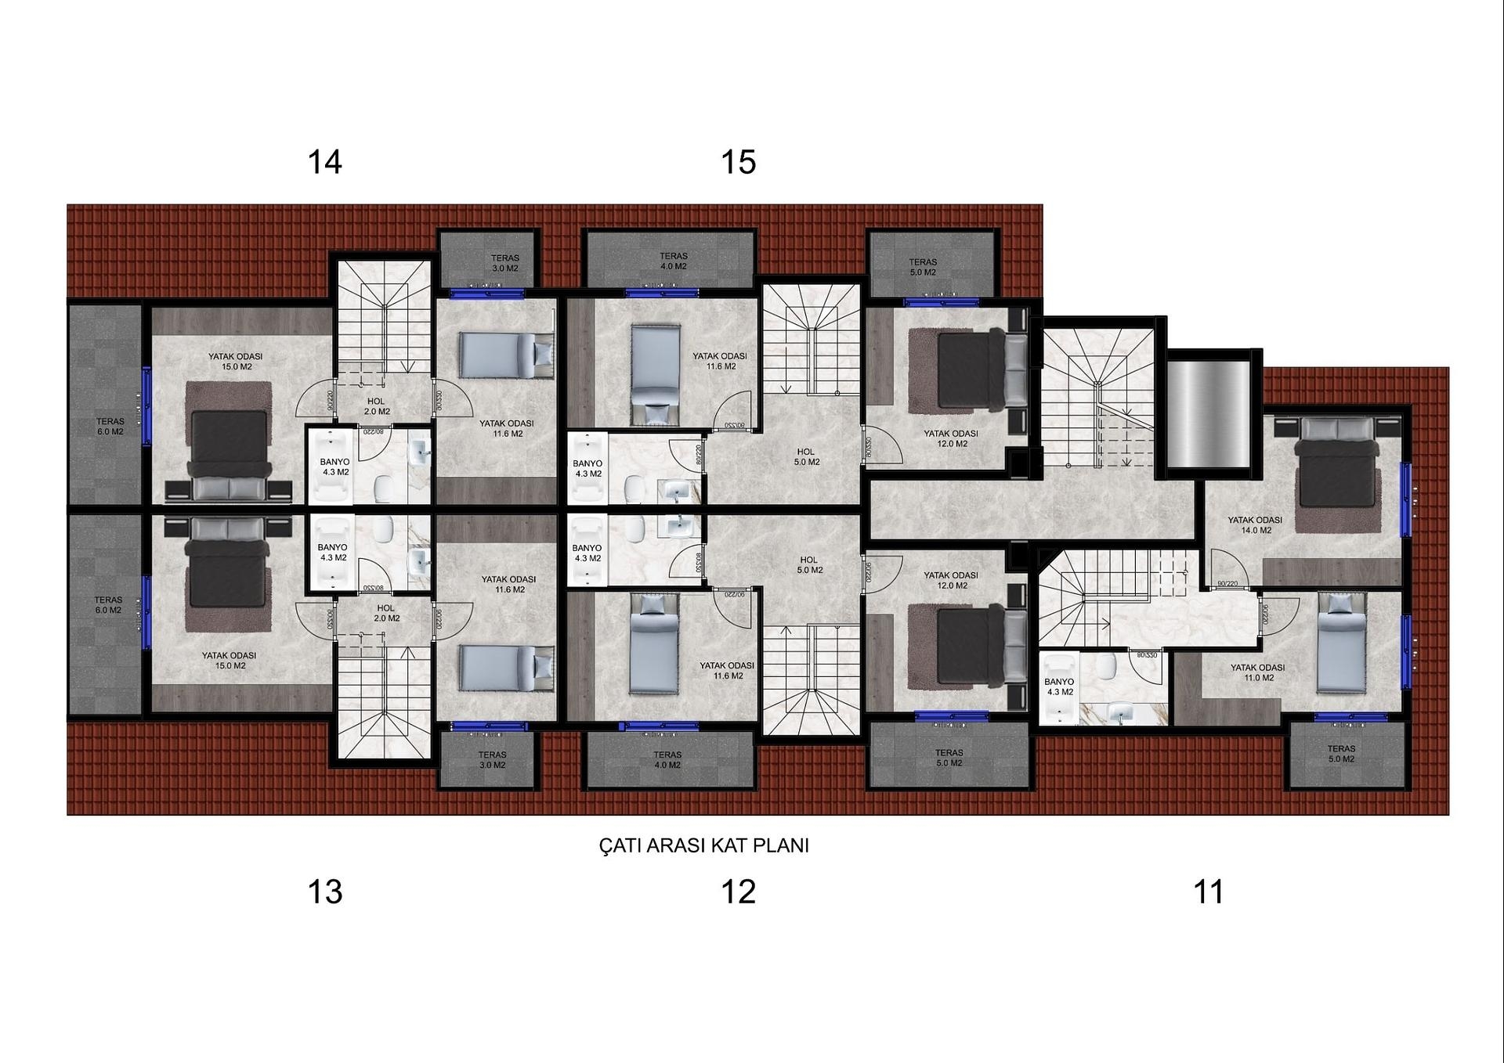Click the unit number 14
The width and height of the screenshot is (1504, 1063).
(x=324, y=162)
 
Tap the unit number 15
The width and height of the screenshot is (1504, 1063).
(x=738, y=162)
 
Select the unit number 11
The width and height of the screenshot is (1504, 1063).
(x=1208, y=892)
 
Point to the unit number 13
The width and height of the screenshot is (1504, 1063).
(x=324, y=892)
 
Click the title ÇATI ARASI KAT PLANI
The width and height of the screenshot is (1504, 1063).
(x=703, y=845)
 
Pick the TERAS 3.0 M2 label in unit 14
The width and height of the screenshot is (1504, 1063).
(x=504, y=263)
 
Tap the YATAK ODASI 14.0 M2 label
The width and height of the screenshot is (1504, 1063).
(x=1255, y=525)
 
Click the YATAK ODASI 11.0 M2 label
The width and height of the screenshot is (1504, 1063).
(x=1257, y=673)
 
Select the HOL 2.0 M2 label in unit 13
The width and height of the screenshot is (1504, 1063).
(x=386, y=613)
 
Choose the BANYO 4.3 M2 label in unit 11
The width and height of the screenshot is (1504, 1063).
(x=1059, y=687)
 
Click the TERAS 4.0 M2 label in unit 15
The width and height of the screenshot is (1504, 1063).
(x=673, y=261)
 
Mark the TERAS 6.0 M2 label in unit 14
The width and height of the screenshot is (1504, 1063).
(x=110, y=427)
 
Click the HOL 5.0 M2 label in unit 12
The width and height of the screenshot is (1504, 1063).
(x=808, y=565)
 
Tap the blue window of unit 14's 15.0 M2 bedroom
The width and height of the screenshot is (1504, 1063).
(x=146, y=406)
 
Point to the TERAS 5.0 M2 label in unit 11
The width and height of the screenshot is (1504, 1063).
(x=1341, y=754)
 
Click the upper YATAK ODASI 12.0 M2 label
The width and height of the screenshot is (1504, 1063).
(x=950, y=438)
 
